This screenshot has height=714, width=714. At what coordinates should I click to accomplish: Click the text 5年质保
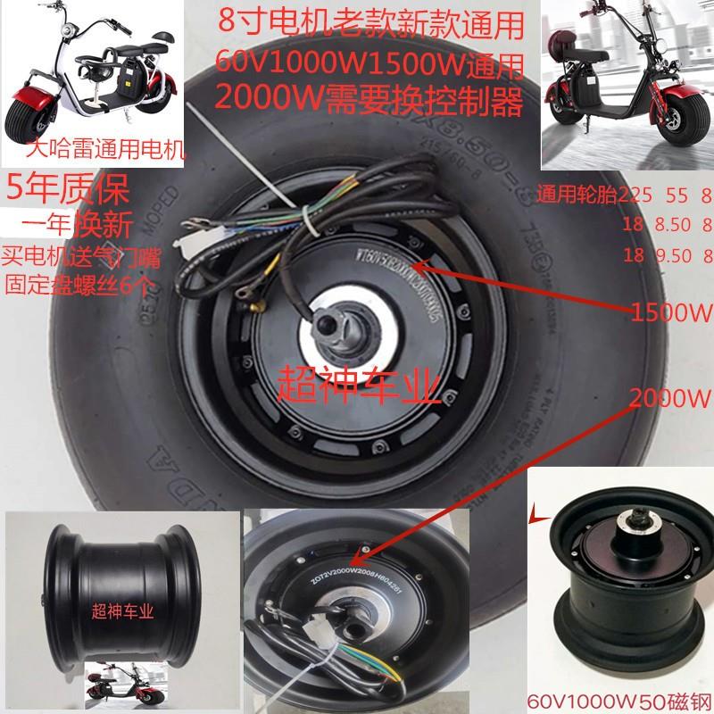(x=68, y=190)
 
